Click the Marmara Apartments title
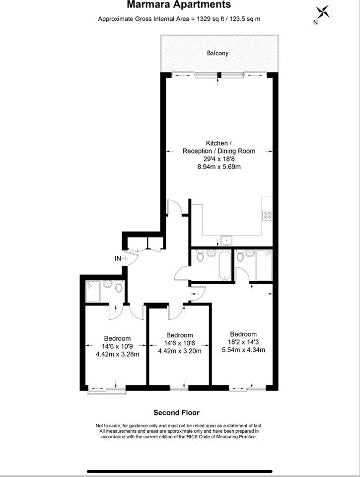pos(179,5)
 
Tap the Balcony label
pos(217,53)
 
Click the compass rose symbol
pos(322,12)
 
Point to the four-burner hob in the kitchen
pos(267,215)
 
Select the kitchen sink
pos(226,240)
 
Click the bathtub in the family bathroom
pos(225,265)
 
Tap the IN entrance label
pos(118,258)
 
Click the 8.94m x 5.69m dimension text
pos(219,167)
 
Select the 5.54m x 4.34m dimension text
pos(243,350)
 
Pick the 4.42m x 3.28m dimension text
pos(117,354)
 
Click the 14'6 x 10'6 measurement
pos(179,343)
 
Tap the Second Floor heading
pos(176,413)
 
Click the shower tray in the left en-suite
pos(93,292)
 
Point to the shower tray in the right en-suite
pos(264,265)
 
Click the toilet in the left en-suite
pos(119,287)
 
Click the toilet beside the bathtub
pos(200,256)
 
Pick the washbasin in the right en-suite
pos(250,252)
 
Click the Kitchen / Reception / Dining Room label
pos(219,147)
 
